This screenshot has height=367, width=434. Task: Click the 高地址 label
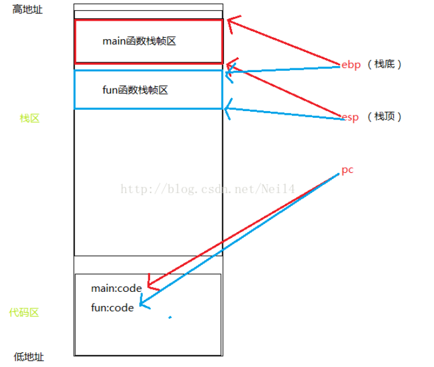tap(28, 10)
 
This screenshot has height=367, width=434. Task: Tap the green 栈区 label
tap(29, 118)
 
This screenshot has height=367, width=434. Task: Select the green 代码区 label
tap(24, 313)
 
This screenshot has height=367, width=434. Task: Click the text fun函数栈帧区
tap(135, 90)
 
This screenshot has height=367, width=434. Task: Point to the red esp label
tap(350, 117)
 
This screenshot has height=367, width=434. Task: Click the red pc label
tap(347, 170)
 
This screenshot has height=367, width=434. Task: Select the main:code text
tap(116, 288)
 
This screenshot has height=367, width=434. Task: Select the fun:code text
tap(112, 308)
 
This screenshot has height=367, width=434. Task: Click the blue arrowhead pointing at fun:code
tap(142, 302)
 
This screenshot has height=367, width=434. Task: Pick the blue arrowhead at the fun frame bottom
tap(227, 109)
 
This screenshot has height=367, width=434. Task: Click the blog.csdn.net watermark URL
tap(208, 189)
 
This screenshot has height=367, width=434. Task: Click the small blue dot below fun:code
tap(170, 317)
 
